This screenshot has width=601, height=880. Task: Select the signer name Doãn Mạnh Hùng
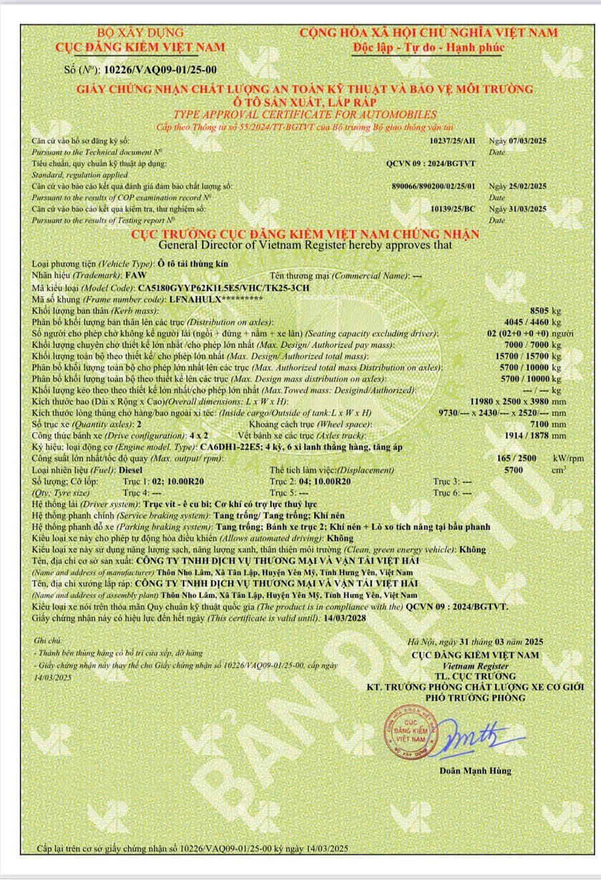click(x=475, y=771)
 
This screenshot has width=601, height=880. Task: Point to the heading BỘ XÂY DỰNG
click(x=140, y=33)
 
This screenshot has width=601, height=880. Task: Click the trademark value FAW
click(x=134, y=276)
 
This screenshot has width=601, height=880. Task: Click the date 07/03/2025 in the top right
click(x=527, y=141)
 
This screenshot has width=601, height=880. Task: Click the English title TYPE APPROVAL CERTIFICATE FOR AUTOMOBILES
click(x=305, y=114)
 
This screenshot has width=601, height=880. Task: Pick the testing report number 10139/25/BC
click(x=453, y=209)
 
